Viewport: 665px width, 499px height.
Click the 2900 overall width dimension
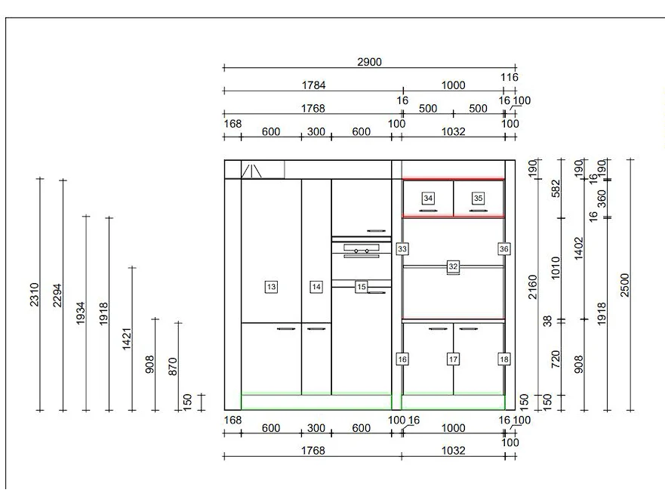369,62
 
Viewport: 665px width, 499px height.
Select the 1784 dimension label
313,85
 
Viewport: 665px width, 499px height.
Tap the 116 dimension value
509,77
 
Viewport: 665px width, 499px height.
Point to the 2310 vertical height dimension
35,294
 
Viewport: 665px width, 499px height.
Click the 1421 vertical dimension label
127,339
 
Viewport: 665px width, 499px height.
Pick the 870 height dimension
173,367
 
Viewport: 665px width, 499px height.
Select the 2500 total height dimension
625,285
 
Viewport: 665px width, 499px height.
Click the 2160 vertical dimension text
533,287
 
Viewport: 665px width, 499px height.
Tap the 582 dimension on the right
556,189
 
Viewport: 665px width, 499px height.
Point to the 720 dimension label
556,359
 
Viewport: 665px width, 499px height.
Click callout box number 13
271,287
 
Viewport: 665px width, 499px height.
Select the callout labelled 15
362,287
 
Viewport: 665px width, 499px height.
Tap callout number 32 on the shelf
453,266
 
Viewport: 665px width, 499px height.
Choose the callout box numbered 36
503,248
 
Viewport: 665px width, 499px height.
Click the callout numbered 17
453,359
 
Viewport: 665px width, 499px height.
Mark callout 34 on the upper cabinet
428,198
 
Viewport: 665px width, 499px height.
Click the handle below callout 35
478,211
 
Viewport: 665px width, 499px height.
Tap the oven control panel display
362,247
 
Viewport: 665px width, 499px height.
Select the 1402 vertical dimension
579,248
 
